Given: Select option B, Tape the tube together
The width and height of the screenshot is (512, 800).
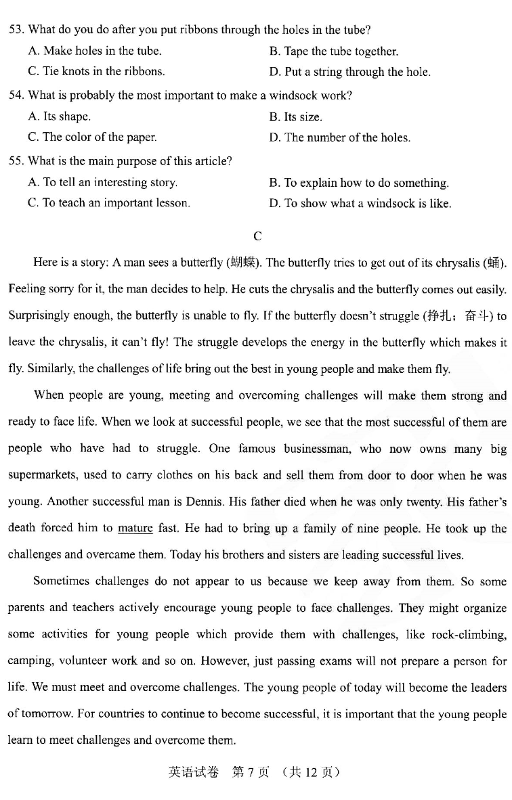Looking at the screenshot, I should [334, 51].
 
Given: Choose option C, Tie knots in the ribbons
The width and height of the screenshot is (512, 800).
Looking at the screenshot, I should [96, 71].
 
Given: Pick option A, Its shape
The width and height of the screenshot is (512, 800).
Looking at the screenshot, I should [60, 116].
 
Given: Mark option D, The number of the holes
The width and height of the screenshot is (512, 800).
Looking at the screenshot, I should [339, 137].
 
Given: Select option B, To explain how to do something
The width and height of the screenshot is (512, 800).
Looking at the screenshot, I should [359, 183].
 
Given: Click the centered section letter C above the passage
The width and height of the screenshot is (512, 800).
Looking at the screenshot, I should [257, 236].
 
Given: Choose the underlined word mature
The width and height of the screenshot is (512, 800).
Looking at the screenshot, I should [135, 528].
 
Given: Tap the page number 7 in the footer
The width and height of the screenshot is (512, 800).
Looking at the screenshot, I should [249, 772].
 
